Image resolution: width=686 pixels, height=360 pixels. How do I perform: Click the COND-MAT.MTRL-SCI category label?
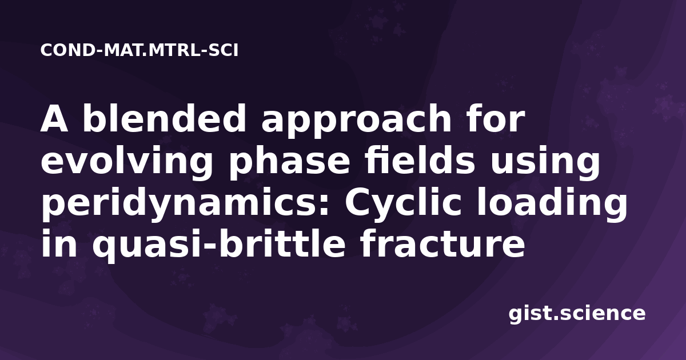point(139,50)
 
